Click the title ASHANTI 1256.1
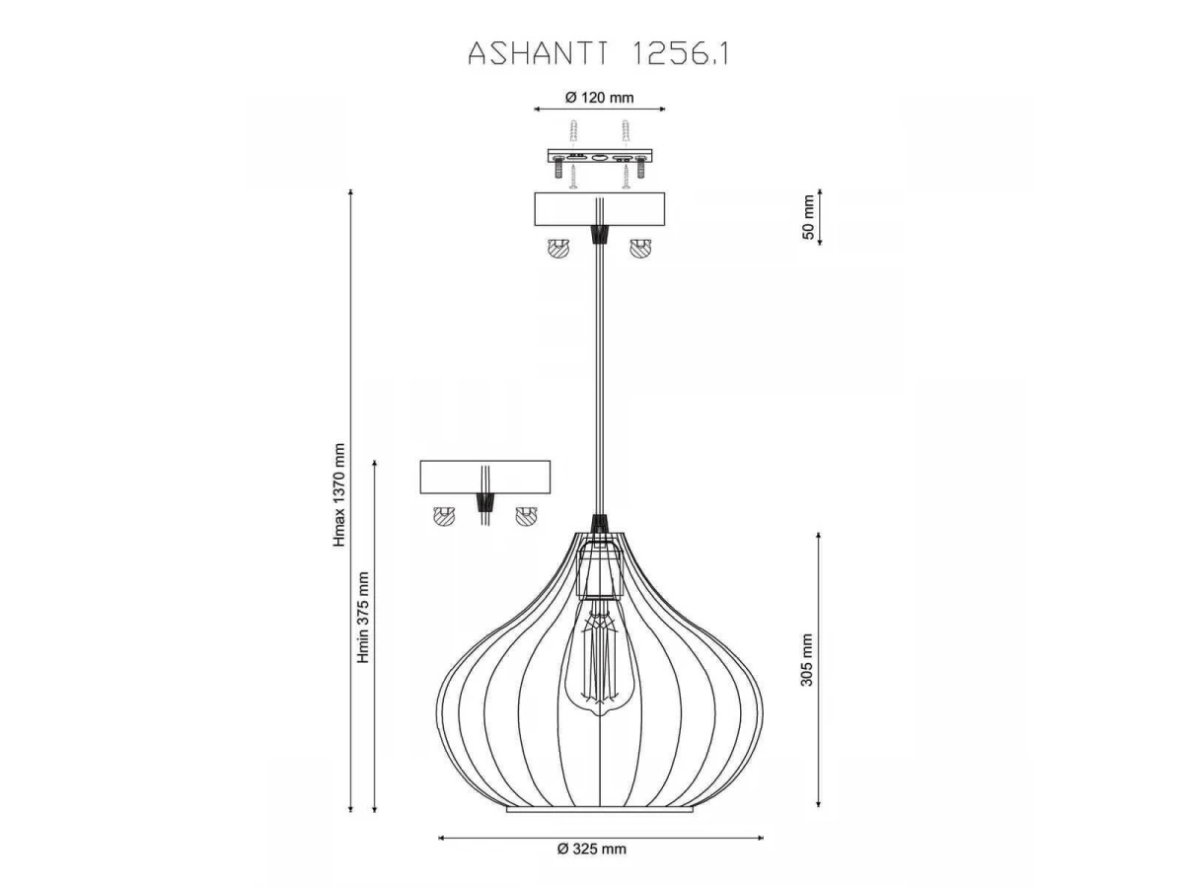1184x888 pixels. coord(599,54)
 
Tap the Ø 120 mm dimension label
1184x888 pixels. coord(599,98)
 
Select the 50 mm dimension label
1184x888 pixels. coord(808,217)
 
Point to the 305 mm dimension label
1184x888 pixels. coord(806,659)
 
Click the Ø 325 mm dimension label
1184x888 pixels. coord(592,849)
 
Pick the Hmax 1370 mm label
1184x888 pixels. coord(338,495)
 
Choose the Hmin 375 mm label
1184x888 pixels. coord(363,618)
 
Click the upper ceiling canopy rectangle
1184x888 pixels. coord(599,209)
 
